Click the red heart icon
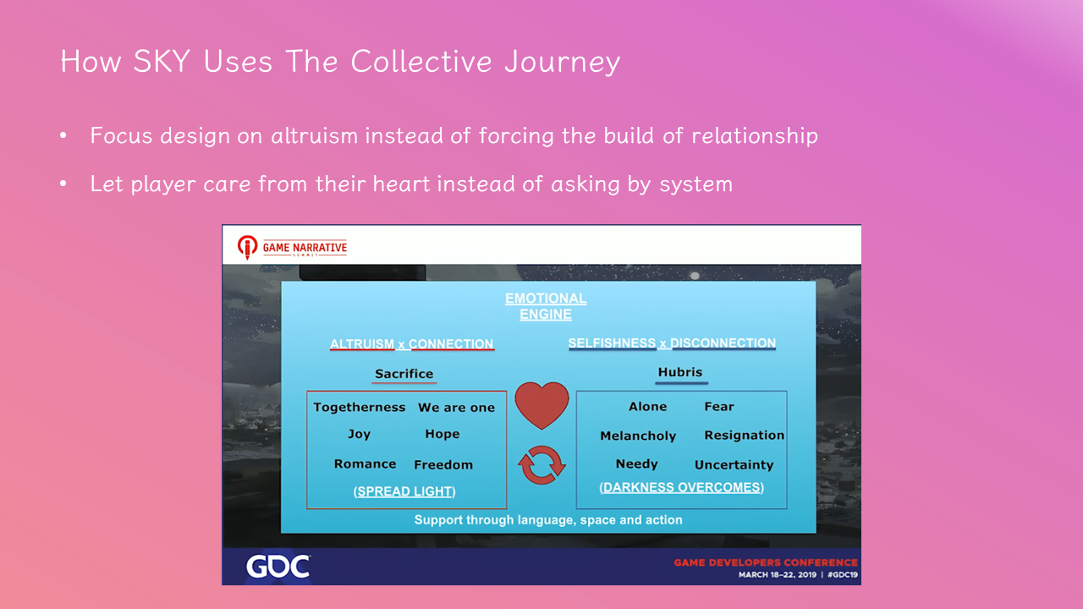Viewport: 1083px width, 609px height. point(541,405)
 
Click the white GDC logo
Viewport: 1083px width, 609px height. point(278,566)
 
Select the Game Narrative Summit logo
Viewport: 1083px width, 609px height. point(292,248)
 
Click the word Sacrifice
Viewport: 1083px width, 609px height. point(404,374)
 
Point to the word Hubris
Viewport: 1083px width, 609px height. point(680,372)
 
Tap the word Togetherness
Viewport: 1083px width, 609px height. point(360,408)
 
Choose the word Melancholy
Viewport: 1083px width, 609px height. point(638,436)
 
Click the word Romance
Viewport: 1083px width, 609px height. point(365,464)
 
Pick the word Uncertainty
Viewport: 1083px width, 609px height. point(734,465)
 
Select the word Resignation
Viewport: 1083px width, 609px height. point(744,436)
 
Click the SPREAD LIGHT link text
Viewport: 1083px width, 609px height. point(404,491)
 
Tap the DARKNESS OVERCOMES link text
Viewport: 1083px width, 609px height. point(682,487)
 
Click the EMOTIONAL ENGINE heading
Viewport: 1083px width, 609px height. point(546,306)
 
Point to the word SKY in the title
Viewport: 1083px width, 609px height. point(162,62)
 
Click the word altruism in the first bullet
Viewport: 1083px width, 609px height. point(313,136)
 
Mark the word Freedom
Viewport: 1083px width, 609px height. point(443,465)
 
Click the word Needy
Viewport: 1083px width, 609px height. point(637,464)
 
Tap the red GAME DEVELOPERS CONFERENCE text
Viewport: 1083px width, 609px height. point(766,562)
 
